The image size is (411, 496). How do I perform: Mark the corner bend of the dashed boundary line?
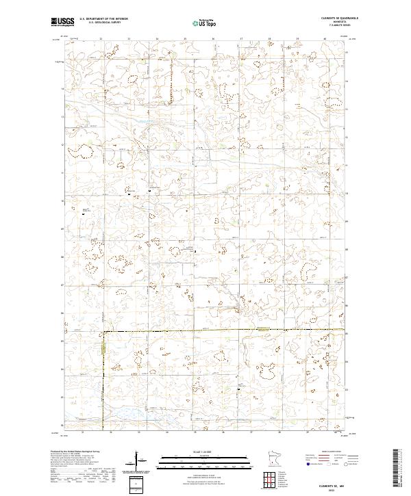point(103,332)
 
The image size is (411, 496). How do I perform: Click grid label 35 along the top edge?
point(186,39)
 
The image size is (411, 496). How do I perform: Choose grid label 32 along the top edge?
point(101,39)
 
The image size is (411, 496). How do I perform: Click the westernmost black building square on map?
point(84,214)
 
